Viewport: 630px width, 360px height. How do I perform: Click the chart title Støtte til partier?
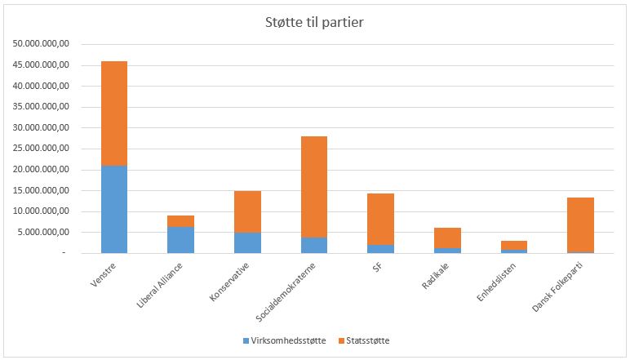tap(314, 22)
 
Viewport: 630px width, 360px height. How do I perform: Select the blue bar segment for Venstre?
tap(114, 209)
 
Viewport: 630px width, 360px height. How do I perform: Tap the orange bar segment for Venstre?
tap(114, 113)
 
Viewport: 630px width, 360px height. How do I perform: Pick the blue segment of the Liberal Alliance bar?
tap(180, 240)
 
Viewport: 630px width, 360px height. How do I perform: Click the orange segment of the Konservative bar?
tap(247, 211)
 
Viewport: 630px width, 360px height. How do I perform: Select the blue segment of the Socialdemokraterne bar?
tap(313, 245)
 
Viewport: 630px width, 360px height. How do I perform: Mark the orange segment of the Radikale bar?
tap(447, 238)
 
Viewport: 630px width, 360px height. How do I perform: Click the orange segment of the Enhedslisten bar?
tap(513, 245)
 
